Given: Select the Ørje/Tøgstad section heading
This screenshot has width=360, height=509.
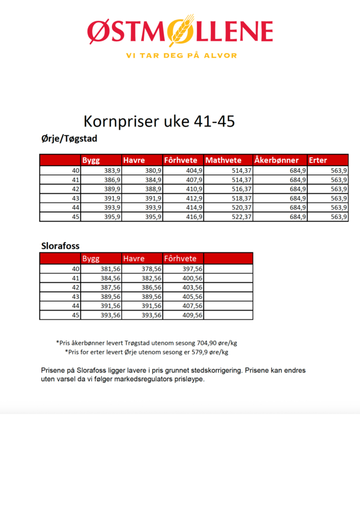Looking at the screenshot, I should pyautogui.click(x=70, y=139).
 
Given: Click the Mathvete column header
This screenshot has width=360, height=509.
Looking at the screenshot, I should pyautogui.click(x=223, y=161).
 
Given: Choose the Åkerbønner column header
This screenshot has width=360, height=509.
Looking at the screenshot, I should pyautogui.click(x=276, y=161).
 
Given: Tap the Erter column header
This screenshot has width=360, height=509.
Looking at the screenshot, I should pyautogui.click(x=318, y=161).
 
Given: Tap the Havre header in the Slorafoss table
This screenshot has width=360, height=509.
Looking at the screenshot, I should pyautogui.click(x=134, y=258).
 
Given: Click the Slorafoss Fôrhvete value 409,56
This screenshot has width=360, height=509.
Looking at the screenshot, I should pyautogui.click(x=191, y=315).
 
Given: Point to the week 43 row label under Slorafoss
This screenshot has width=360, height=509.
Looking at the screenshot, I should pyautogui.click(x=76, y=297).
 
